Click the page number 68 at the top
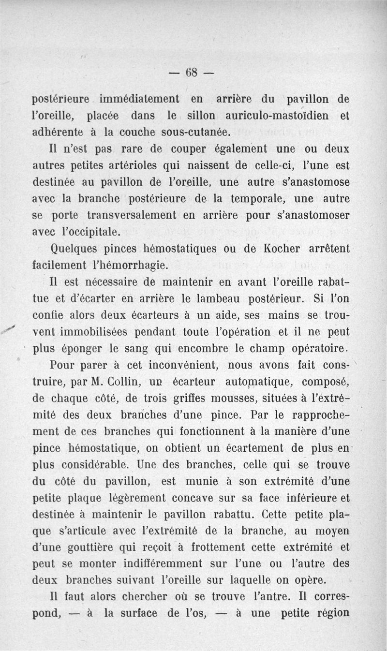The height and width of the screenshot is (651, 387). (x=193, y=74)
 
